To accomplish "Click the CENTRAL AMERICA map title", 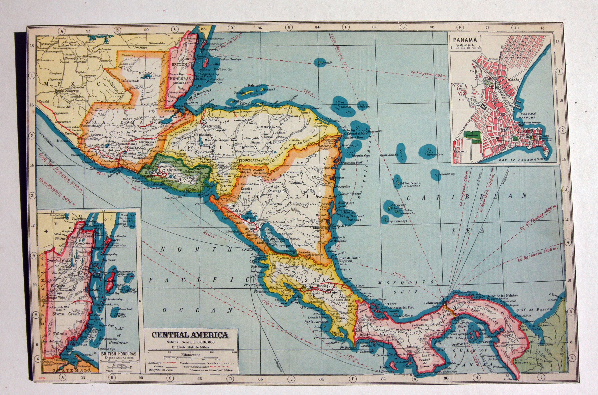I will [190, 335].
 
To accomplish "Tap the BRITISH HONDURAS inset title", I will [118, 354].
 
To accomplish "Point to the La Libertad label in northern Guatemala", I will [130, 81].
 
